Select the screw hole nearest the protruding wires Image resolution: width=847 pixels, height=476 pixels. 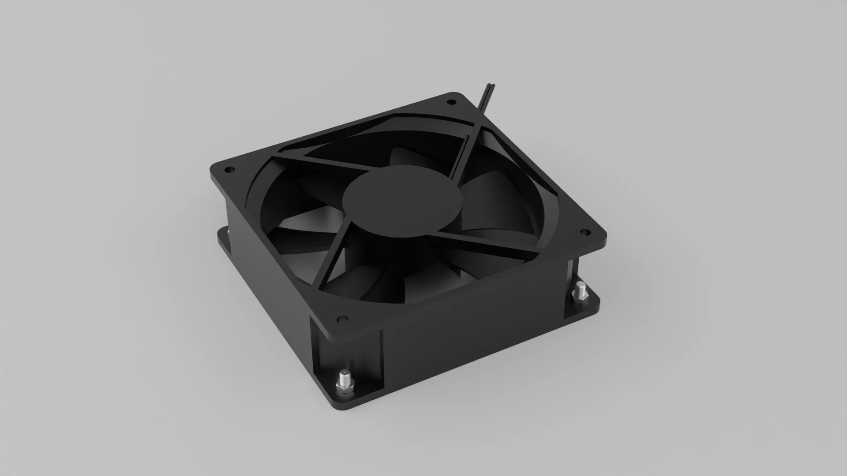[451, 102]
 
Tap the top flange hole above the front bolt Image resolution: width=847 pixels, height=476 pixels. [341, 318]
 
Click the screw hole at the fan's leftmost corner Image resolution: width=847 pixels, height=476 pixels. [229, 169]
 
